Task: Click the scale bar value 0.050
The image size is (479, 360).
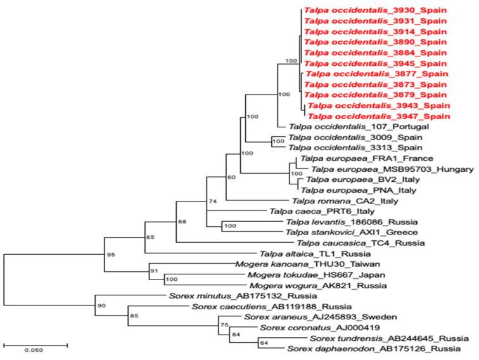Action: [34, 349]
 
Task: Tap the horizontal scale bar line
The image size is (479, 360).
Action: [35, 345]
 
